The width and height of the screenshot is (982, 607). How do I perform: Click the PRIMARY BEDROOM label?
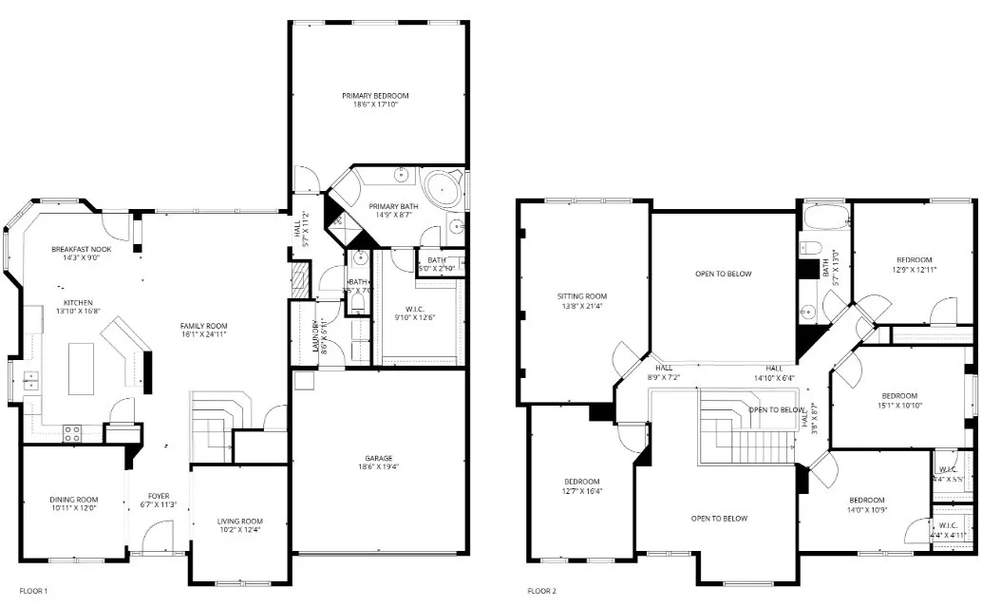[x=376, y=96]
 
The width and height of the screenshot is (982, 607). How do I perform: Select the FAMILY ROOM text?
[x=204, y=326]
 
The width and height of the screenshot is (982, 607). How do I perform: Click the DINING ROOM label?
[x=74, y=499]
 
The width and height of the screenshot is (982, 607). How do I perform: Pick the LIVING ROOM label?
[x=239, y=521]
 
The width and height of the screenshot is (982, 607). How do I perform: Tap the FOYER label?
[x=158, y=496]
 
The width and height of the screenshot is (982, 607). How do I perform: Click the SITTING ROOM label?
[x=581, y=296]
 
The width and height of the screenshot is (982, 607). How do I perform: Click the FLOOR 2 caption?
[x=541, y=591]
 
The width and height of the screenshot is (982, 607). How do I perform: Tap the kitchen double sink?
[x=30, y=381]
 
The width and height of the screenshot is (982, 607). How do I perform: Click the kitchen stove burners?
[x=72, y=433]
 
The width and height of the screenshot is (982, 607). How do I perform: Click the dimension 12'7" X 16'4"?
[x=581, y=491]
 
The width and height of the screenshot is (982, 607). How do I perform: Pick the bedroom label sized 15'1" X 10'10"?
[x=898, y=395]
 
